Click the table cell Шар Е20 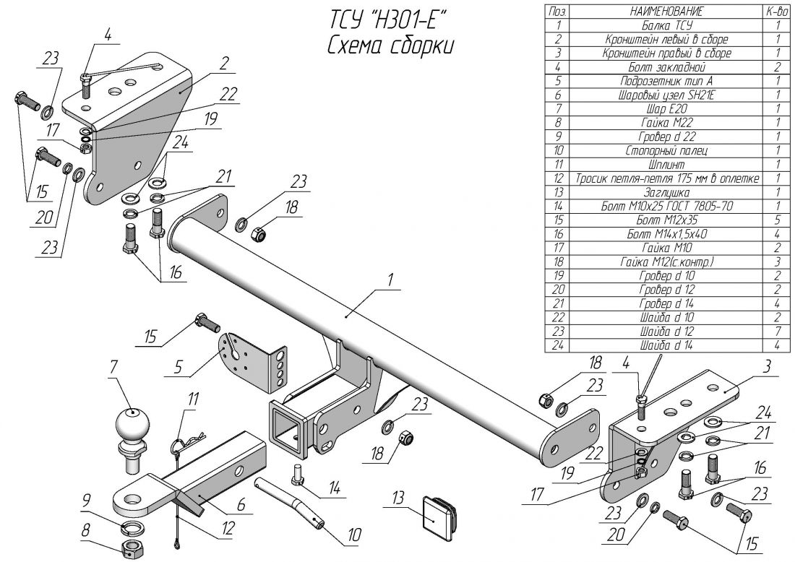(x=666, y=108)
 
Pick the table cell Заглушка (x=666, y=193)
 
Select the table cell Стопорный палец (x=666, y=151)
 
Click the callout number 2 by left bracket (x=224, y=63)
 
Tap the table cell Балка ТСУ (x=666, y=25)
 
